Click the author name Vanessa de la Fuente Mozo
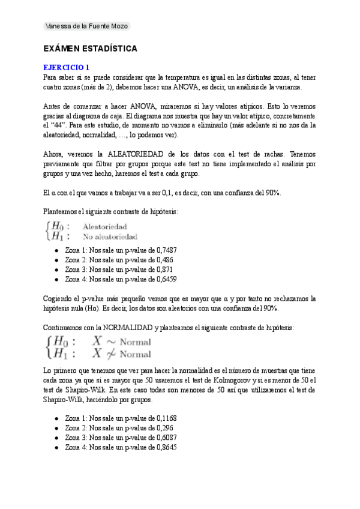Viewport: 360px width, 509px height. (86, 26)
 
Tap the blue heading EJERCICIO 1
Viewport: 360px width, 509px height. (67, 68)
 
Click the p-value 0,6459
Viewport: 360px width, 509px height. (164, 279)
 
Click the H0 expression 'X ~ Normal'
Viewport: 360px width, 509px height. (121, 341)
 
